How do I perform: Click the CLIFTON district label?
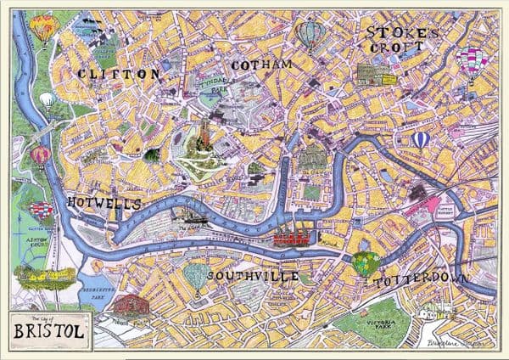[x=118, y=75]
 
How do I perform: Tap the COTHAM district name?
[x=260, y=65]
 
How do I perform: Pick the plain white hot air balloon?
[x=47, y=101]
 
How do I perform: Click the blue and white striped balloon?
[x=421, y=139]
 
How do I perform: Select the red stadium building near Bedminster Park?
[x=126, y=304]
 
